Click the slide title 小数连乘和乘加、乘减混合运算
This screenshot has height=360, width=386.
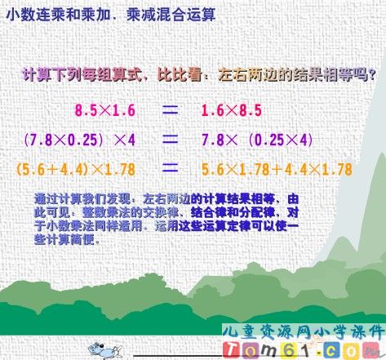[110, 14]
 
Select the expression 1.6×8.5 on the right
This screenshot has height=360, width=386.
[233, 109]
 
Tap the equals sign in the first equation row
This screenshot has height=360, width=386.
[169, 108]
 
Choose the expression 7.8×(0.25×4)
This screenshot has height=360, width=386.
[257, 140]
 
